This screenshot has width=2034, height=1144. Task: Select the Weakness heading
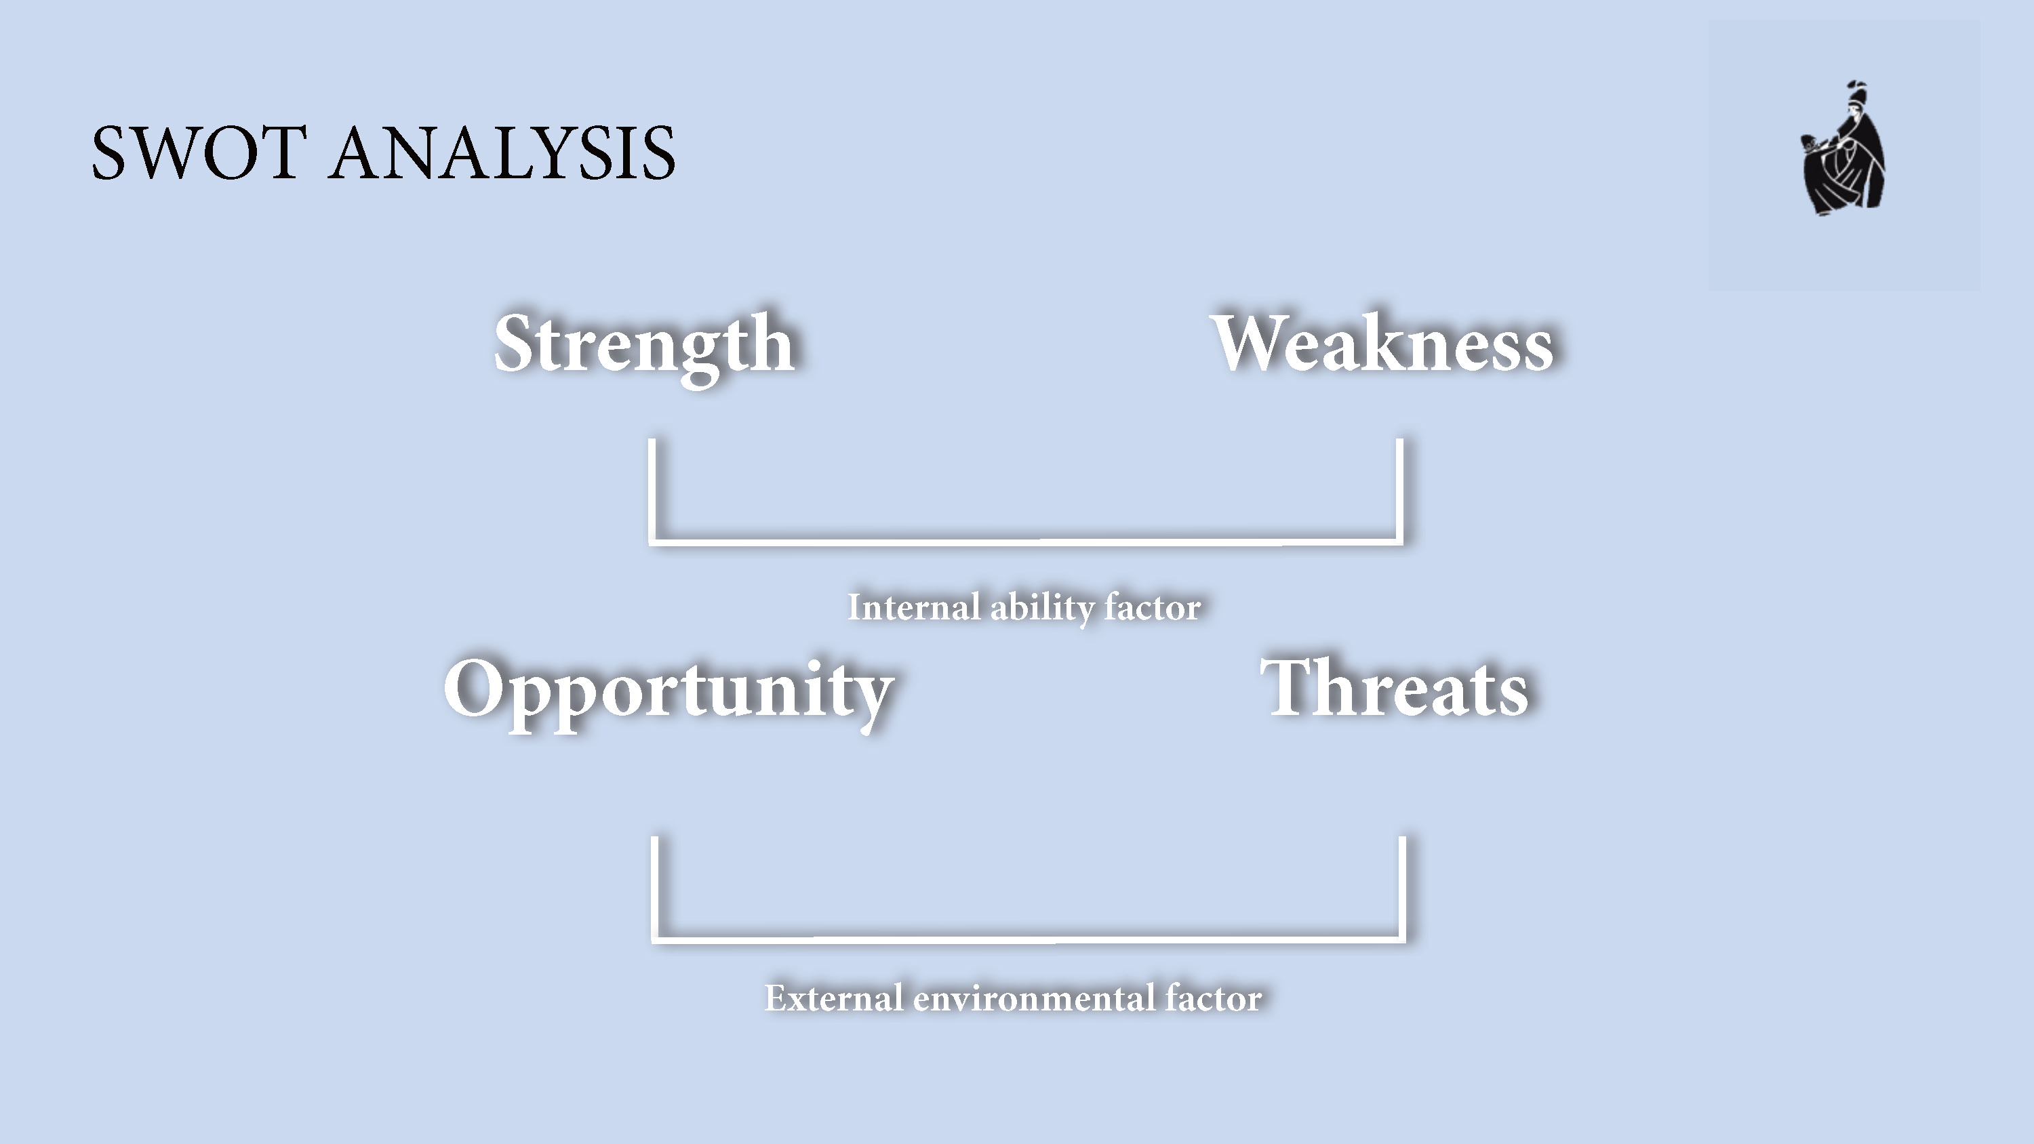point(1382,343)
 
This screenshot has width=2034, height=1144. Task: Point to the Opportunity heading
point(669,693)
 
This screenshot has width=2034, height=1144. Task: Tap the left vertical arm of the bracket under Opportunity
point(654,889)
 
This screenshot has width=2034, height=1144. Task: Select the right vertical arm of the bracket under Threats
point(1402,889)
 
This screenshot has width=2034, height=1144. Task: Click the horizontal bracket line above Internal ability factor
point(1026,541)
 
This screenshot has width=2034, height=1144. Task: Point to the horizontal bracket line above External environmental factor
point(1028,939)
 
